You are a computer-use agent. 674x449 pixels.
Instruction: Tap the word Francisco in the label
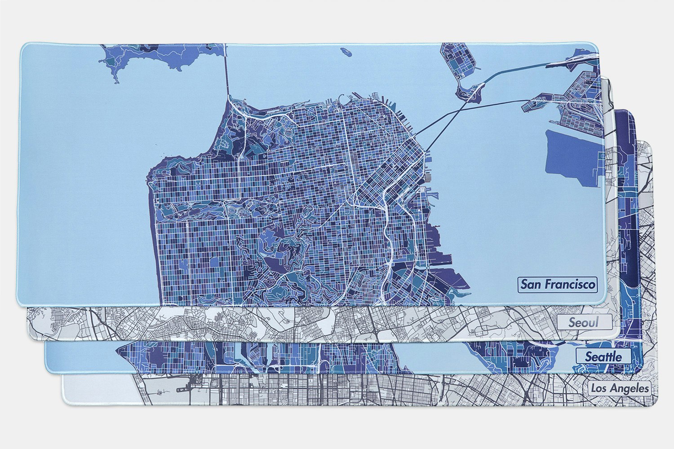tap(568, 284)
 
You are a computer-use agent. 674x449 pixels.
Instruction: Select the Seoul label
tap(584, 322)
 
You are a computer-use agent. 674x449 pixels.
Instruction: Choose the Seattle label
tap(603, 357)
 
